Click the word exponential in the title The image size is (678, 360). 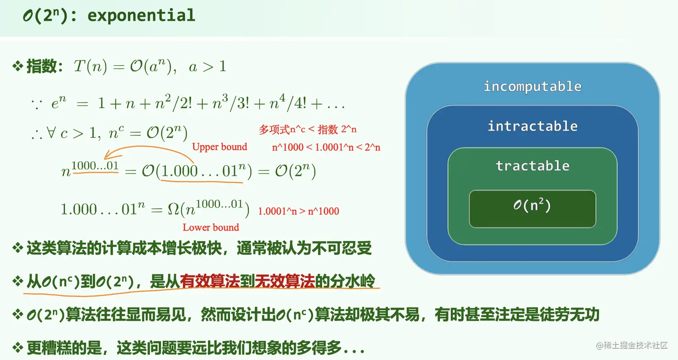click(x=141, y=15)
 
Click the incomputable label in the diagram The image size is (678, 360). click(x=532, y=86)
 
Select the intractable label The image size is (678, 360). click(x=532, y=126)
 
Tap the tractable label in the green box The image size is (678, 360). click(x=532, y=166)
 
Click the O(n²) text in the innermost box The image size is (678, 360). click(x=532, y=206)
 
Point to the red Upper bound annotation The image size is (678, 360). click(x=219, y=147)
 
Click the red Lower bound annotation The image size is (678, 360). click(x=211, y=227)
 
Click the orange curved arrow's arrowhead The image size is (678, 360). click(x=106, y=156)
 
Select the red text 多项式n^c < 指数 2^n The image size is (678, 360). click(x=308, y=130)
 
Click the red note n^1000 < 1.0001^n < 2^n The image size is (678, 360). click(x=326, y=147)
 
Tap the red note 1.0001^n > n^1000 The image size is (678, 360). click(x=299, y=211)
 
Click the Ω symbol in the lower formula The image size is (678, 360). click(x=173, y=209)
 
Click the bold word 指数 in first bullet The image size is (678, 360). click(x=41, y=67)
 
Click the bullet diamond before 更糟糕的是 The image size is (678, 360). click(x=17, y=347)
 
